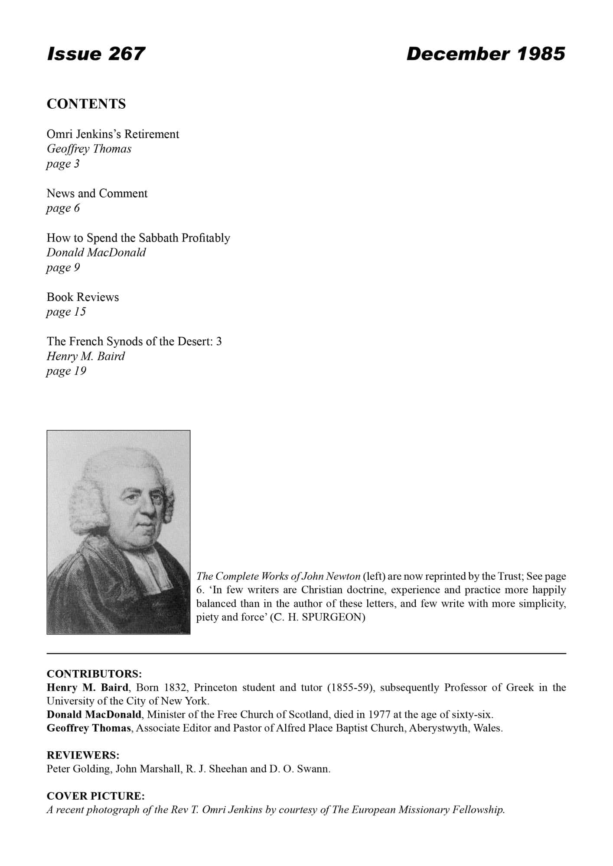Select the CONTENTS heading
tap(86, 104)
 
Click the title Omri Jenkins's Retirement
tap(113, 134)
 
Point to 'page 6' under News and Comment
tap(63, 208)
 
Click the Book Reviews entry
tap(83, 297)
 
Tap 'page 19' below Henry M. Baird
tap(66, 371)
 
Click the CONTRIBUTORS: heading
tap(95, 674)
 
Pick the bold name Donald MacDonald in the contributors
tap(94, 714)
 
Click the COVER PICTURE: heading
tap(96, 796)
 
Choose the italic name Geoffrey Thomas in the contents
tap(89, 149)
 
